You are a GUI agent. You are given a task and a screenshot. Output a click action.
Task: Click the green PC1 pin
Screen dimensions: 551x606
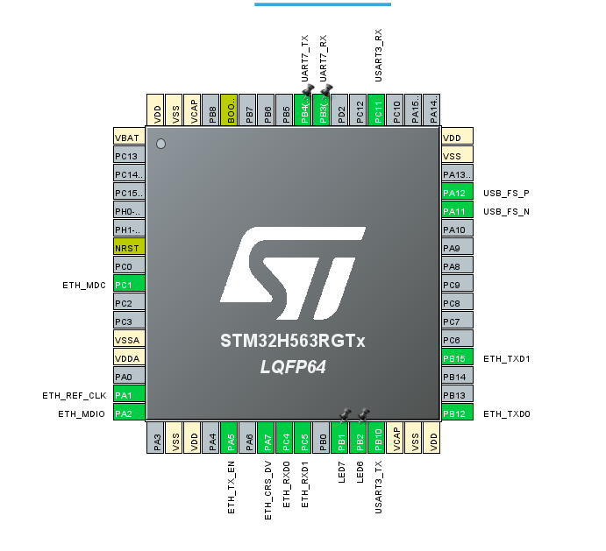[129, 285]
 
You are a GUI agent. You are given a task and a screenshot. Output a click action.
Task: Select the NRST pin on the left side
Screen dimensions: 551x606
[129, 248]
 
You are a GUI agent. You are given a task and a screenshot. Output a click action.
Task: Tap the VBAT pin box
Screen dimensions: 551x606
[129, 137]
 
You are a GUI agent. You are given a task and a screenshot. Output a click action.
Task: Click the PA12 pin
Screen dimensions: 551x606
[457, 193]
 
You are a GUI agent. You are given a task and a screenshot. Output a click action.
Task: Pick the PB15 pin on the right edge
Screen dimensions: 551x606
[457, 357]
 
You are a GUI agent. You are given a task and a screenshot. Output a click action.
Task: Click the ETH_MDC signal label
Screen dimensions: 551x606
[83, 285]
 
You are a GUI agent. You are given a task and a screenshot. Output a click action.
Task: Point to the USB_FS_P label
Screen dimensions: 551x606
[507, 193]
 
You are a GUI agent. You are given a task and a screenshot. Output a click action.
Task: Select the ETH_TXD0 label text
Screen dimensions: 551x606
[507, 413]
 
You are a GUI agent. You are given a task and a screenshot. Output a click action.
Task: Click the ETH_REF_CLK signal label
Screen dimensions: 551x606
[74, 395]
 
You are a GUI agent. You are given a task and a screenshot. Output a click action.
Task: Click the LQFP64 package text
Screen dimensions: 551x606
[293, 367]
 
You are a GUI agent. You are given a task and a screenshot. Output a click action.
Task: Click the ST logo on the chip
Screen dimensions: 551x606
[293, 269]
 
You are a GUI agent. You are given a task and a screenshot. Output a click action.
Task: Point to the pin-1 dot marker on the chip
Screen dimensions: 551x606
[160, 144]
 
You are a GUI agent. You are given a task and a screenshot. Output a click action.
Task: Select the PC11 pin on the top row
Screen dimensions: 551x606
[378, 110]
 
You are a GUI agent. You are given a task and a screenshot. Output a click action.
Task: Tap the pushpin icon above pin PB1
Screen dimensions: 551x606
[346, 413]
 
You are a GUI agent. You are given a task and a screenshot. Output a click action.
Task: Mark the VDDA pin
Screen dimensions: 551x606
[129, 357]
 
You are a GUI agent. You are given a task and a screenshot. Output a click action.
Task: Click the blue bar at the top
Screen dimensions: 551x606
[323, 4]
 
